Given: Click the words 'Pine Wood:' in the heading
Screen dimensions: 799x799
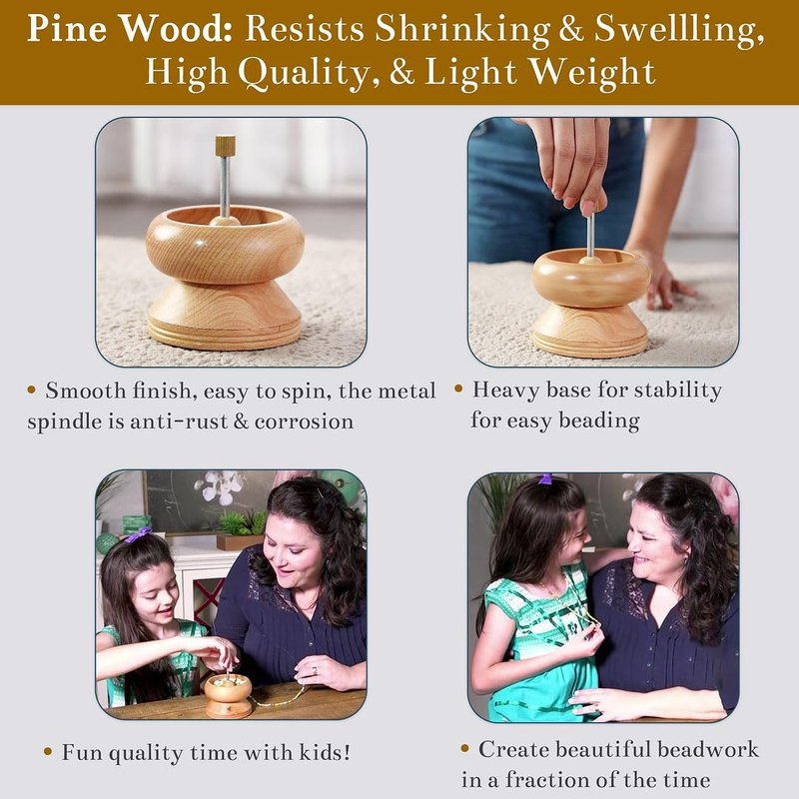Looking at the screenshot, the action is [130, 28].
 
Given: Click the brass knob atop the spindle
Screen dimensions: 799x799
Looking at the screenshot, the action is [225, 146].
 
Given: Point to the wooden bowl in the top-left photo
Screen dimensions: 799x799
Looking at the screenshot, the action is [225, 244].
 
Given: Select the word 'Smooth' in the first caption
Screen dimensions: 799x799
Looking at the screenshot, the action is [86, 392].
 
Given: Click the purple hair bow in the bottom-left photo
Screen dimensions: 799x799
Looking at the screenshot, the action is [138, 535].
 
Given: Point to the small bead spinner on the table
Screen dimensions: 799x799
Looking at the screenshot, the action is [228, 694].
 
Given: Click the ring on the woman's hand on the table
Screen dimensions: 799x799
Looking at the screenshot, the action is [315, 671].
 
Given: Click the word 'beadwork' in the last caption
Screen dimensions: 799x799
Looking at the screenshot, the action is [708, 750].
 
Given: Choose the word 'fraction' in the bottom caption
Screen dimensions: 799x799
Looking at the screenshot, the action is [546, 780].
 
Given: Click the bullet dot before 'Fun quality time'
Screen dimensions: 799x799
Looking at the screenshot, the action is [48, 752].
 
